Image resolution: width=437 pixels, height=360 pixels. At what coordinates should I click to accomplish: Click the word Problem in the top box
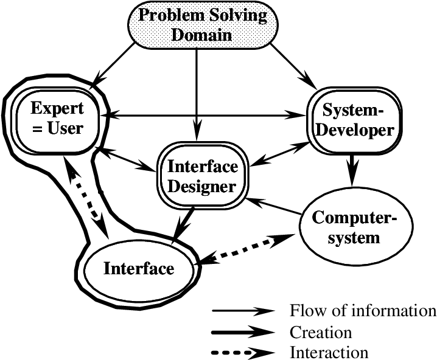point(166,15)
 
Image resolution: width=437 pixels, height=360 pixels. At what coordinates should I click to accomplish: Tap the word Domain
point(201,34)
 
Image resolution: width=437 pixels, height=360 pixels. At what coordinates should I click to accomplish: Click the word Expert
point(57,109)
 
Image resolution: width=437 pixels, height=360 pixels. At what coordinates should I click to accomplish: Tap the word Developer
point(357,130)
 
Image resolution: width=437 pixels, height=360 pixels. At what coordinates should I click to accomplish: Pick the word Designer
point(201,186)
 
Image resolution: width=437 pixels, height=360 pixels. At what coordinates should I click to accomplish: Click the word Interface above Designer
point(203,167)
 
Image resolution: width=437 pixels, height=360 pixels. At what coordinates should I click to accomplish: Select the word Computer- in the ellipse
point(354,217)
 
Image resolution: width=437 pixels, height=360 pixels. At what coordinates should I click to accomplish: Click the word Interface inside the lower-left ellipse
point(139,269)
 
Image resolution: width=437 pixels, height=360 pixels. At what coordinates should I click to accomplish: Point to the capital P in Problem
point(144,15)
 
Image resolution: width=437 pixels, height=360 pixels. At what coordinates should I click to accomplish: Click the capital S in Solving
point(209,15)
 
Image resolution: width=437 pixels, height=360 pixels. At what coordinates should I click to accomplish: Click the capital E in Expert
point(36,109)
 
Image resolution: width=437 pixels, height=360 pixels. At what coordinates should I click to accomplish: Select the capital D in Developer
point(324,130)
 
